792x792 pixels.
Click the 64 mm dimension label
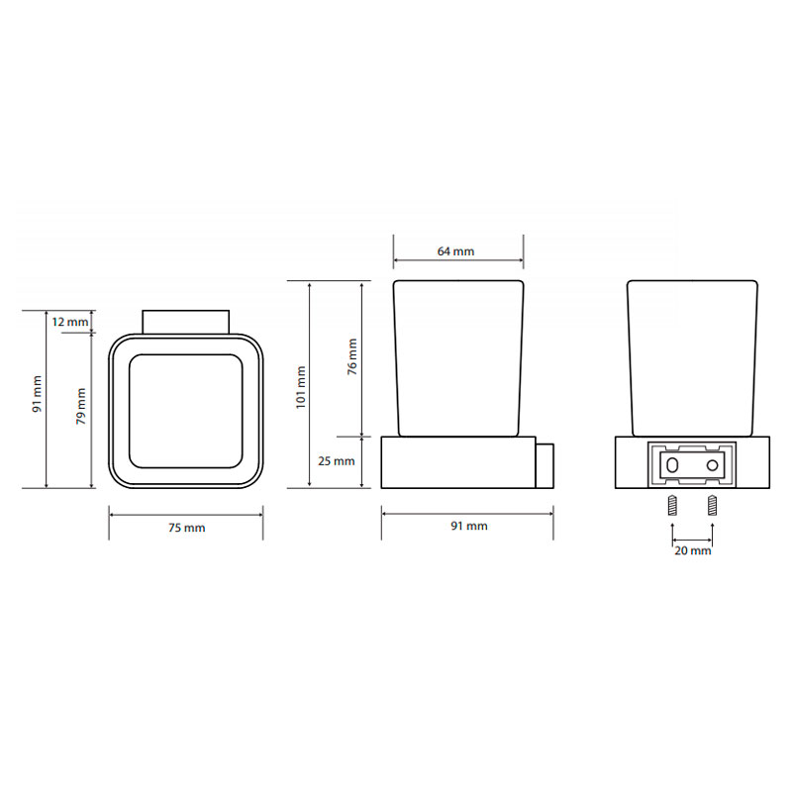pos(455,251)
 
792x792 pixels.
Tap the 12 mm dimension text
pos(70,322)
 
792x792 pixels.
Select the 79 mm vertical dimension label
pos(81,406)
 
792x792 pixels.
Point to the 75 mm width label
pos(187,528)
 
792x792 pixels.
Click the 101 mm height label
pos(301,387)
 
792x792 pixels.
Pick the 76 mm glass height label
pos(352,356)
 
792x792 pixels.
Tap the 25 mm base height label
pos(337,461)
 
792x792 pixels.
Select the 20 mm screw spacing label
pos(692,550)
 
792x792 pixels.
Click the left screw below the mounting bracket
pos(672,505)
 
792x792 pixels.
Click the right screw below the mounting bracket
pos(712,505)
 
